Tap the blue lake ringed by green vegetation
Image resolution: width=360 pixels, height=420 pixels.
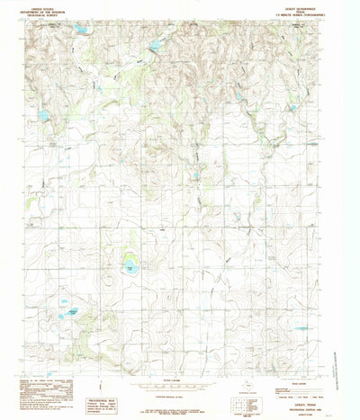click(x=131, y=266)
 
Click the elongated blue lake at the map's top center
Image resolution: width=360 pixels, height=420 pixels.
click(x=156, y=44)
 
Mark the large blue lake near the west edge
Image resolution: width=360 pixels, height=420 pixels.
click(x=42, y=115)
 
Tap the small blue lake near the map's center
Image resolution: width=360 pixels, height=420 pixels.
click(x=194, y=175)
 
